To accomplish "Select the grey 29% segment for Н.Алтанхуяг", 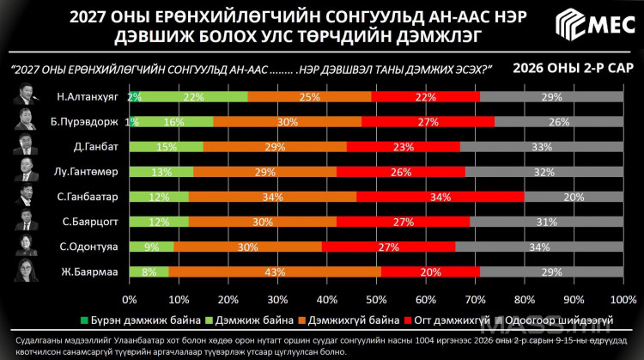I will [551, 96].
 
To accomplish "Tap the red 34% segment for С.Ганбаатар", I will [440, 197].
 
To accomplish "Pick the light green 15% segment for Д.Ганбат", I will [166, 147].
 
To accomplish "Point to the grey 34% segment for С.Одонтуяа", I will [539, 247].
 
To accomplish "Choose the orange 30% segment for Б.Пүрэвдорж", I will [286, 121].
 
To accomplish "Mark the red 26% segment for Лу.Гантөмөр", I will [401, 172].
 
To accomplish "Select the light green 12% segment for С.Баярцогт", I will [158, 222].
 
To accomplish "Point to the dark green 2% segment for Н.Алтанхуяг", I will [134, 96].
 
